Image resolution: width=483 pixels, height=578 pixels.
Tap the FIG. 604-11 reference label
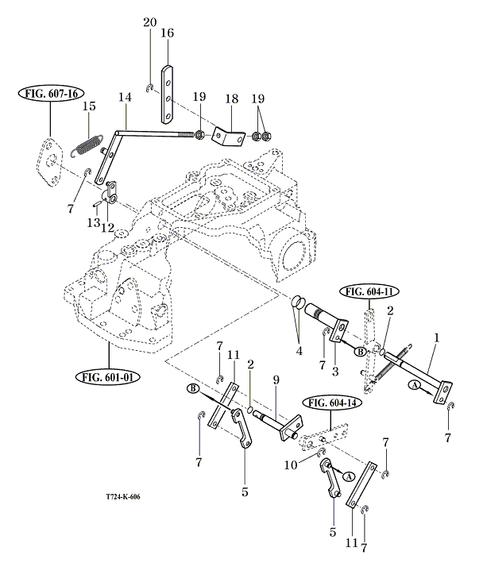(x=369, y=291)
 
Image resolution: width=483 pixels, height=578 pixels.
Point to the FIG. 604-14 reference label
(x=327, y=403)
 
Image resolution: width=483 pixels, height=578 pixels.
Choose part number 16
(x=167, y=33)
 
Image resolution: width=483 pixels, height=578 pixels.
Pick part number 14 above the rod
(x=123, y=97)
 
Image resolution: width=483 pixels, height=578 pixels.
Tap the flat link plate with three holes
(x=168, y=93)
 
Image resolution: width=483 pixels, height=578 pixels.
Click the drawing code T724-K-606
(x=127, y=498)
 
